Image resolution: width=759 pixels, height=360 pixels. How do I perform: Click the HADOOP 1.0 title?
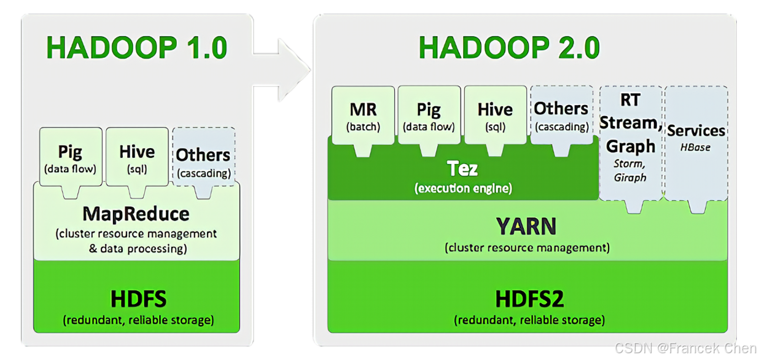136,48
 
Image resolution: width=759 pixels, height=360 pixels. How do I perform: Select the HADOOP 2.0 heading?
509,48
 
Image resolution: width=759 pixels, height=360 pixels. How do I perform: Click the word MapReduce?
136,214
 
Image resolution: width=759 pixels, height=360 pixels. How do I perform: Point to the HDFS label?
138,299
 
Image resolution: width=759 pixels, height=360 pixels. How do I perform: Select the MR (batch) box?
363,115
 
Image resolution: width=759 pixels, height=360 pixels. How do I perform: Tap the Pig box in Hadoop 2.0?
429,115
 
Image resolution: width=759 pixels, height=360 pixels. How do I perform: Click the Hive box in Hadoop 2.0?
495,115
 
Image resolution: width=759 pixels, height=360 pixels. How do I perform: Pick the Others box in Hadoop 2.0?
561,115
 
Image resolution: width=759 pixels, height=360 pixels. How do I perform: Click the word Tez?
462,168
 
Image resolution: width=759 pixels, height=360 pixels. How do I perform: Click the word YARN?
527,227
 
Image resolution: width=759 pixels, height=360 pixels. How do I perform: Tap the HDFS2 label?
529,299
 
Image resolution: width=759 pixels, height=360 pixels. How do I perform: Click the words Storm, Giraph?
630,170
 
